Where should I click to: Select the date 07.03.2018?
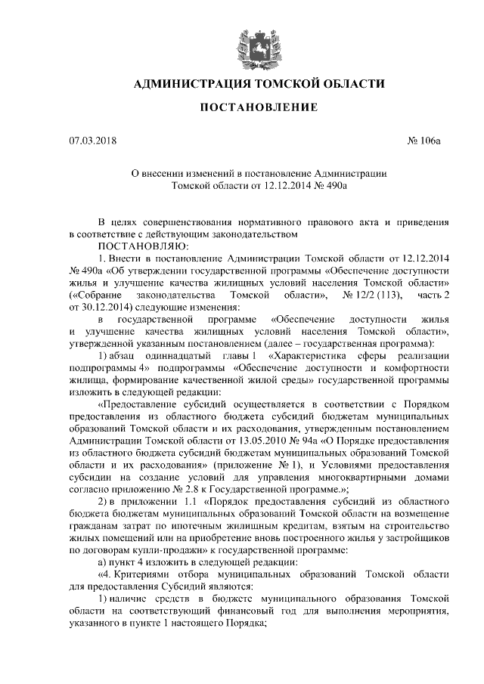[92, 140]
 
